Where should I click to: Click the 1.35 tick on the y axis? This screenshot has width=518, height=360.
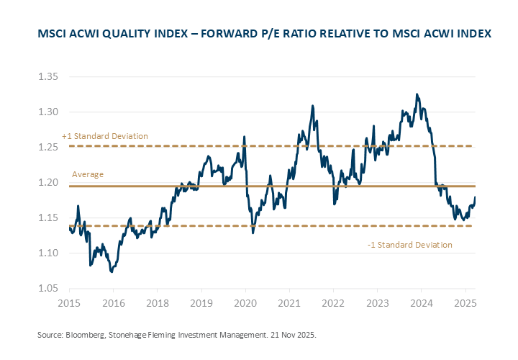pos(47,76)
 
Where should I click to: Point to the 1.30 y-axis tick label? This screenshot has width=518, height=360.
pos(47,112)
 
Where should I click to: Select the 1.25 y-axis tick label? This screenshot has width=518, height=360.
pos(47,147)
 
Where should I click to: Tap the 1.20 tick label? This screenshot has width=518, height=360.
pos(47,182)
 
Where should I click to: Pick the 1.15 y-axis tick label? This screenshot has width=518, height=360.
pos(47,217)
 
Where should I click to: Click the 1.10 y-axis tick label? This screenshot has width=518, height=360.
pos(47,253)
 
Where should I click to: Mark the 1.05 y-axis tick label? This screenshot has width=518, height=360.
pos(47,288)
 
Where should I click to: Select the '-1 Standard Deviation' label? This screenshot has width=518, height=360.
pos(409,245)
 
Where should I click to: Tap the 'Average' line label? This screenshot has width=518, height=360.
pos(88,174)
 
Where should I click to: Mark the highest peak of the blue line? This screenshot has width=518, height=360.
pos(417,94)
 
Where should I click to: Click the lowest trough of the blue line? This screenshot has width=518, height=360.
pos(112,272)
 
